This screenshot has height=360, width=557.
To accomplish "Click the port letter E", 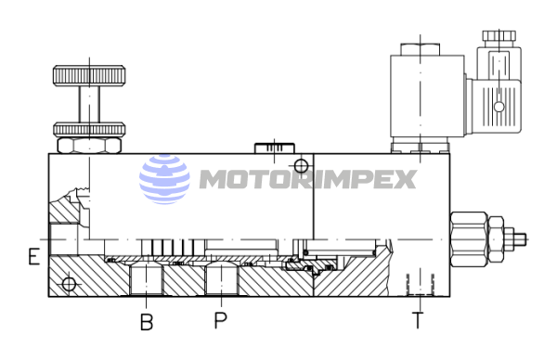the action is pos(33,257).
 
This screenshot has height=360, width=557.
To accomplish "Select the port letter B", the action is pos(147,322).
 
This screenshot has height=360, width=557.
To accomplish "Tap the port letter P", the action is pos(220,320).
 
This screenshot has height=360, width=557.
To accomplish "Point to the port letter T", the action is pos(418,320).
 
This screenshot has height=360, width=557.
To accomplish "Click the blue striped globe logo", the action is pos(164,179).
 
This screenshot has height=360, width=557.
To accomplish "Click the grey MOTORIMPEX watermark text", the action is pos(307,179).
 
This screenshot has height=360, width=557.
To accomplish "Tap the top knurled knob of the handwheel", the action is pos(89,75).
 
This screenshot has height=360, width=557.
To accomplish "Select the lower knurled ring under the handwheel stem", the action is pos(89,130).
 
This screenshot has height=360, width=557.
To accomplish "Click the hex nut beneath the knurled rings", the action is pos(89,146).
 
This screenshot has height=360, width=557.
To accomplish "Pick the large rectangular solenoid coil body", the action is pos(427,96).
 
